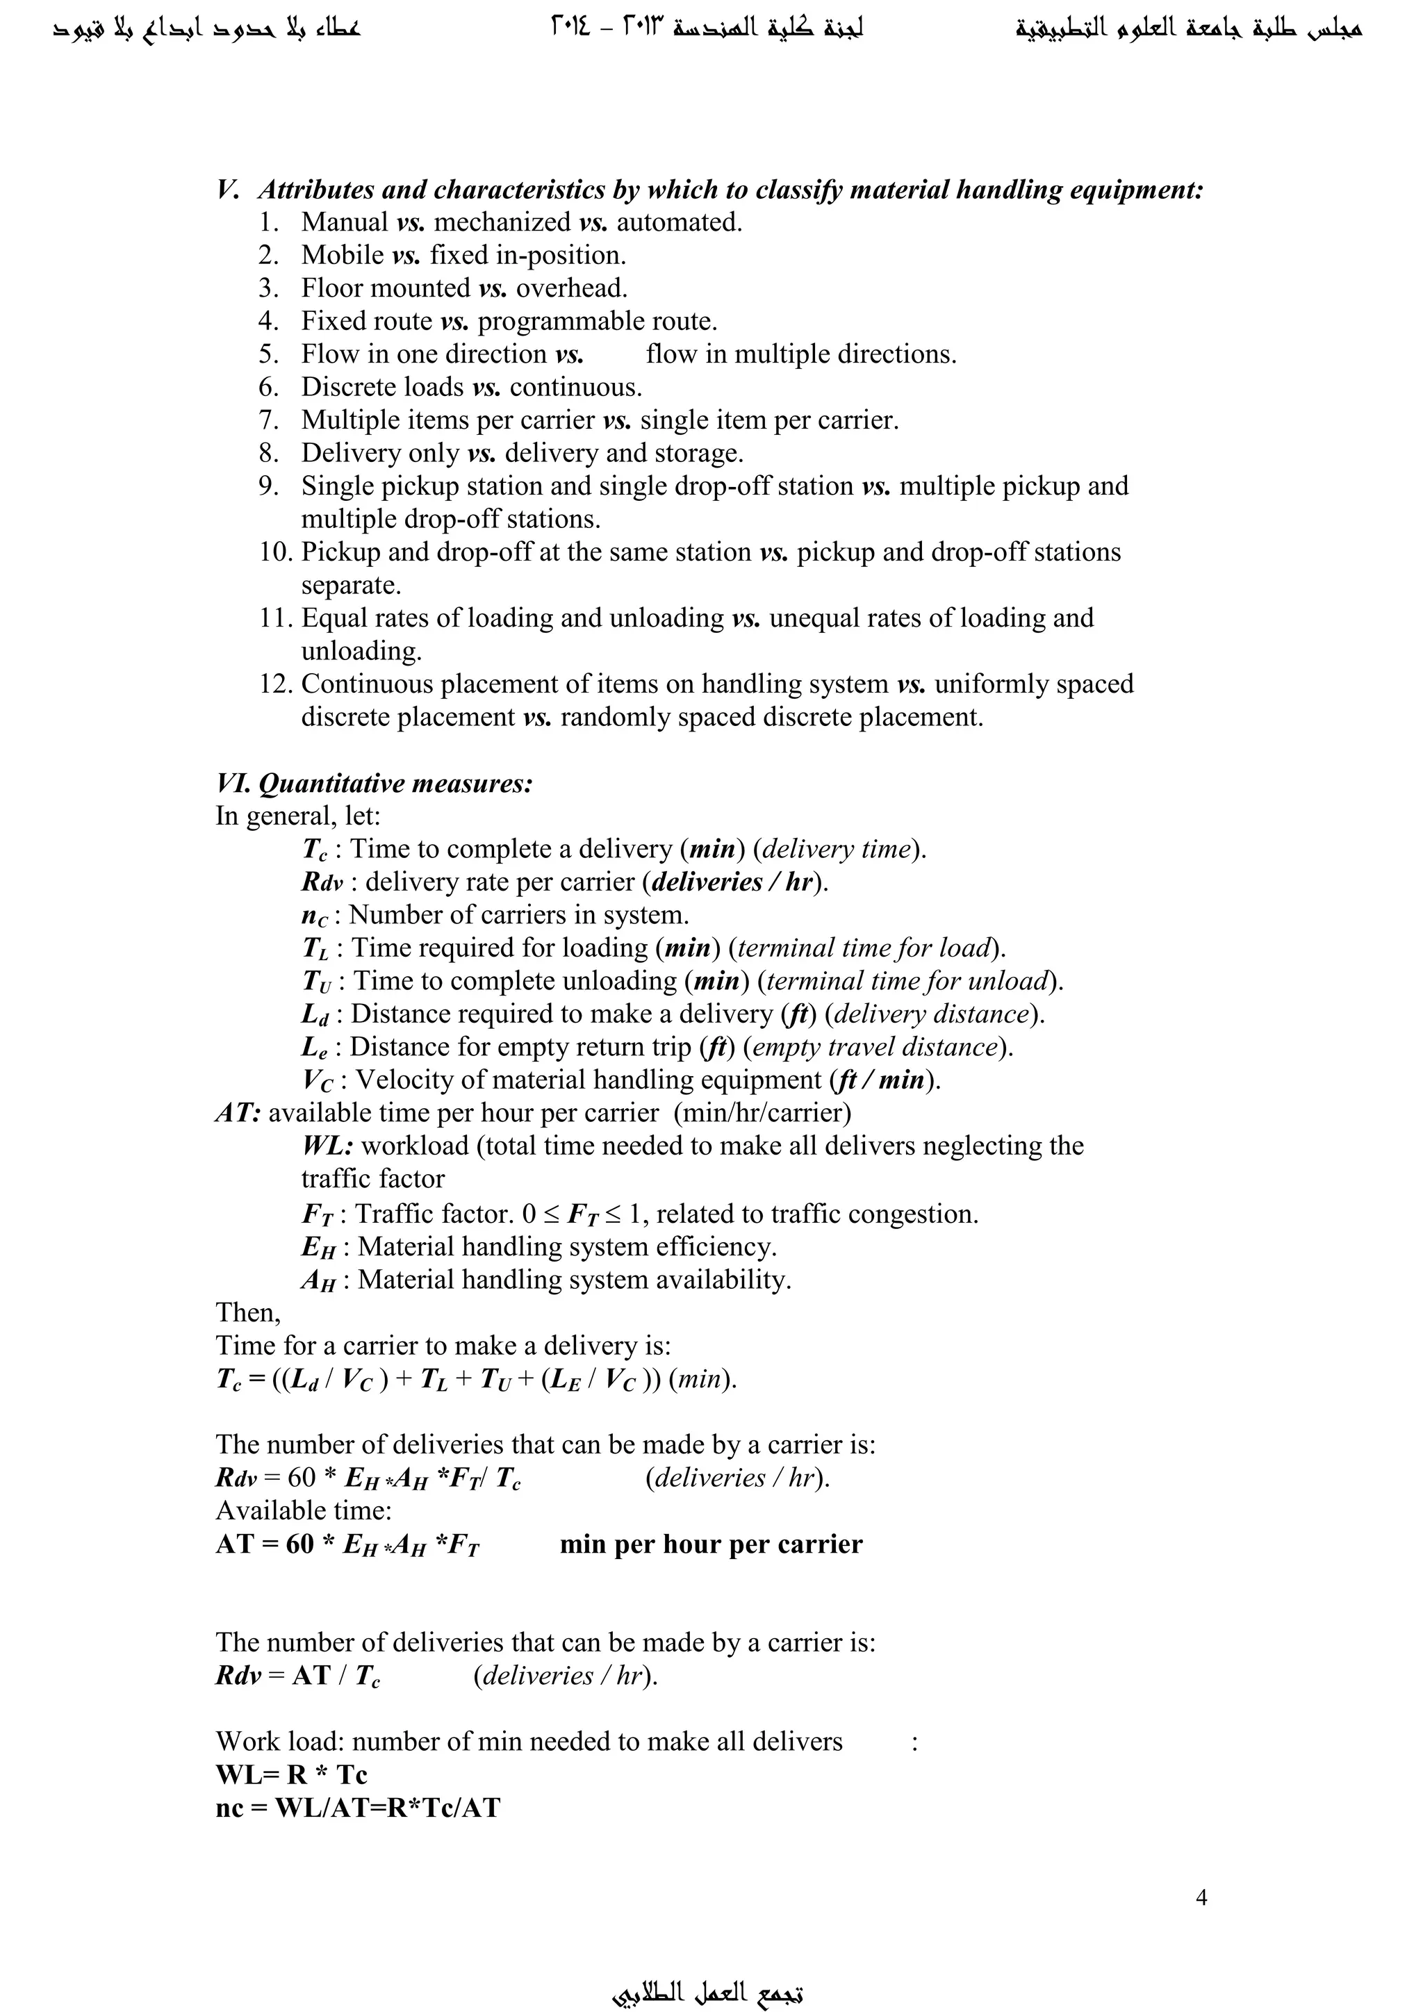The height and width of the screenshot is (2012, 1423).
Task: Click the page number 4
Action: [x=1201, y=1897]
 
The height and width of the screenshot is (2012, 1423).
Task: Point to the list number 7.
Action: [x=268, y=420]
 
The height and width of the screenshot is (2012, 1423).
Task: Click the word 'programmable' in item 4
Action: [x=561, y=322]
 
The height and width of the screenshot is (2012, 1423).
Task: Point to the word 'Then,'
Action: [x=248, y=1312]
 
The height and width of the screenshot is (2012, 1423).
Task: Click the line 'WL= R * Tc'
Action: [x=291, y=1774]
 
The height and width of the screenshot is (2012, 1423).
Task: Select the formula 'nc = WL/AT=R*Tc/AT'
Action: [x=358, y=1808]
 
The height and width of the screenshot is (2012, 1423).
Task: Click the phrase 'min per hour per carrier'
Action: [x=711, y=1544]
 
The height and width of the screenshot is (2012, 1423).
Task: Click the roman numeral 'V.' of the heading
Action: [x=228, y=190]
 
